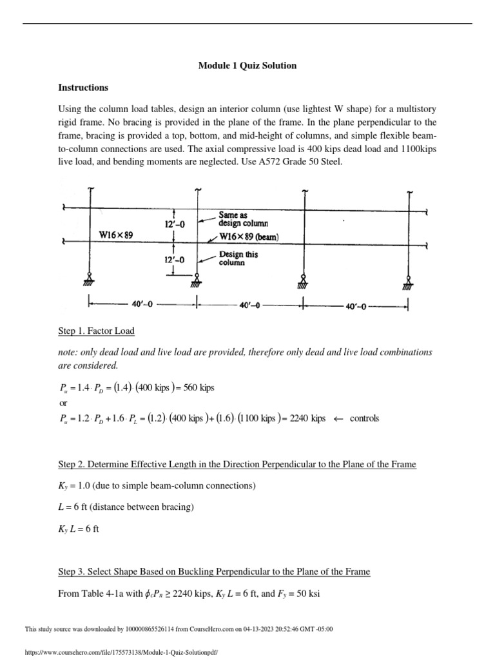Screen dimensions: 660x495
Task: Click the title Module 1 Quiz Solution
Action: tap(247, 66)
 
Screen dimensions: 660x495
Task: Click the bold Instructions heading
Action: tap(83, 87)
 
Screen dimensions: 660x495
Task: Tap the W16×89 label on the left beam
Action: tap(116, 235)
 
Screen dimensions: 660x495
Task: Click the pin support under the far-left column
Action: tap(90, 278)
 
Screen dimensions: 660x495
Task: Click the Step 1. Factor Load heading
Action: tap(96, 331)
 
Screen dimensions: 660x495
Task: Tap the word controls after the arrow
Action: tap(364, 418)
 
